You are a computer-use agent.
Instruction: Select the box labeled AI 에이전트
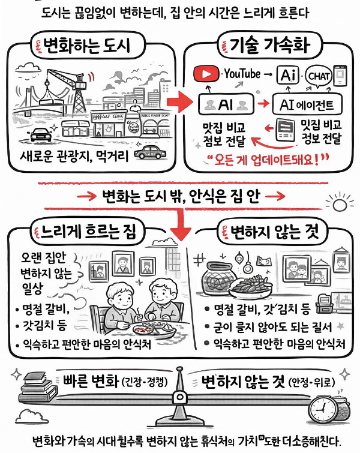(x=307, y=104)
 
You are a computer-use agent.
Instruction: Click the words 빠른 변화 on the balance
(x=91, y=382)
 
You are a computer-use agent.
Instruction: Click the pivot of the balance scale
(x=179, y=397)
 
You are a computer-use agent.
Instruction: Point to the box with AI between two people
(x=226, y=104)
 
